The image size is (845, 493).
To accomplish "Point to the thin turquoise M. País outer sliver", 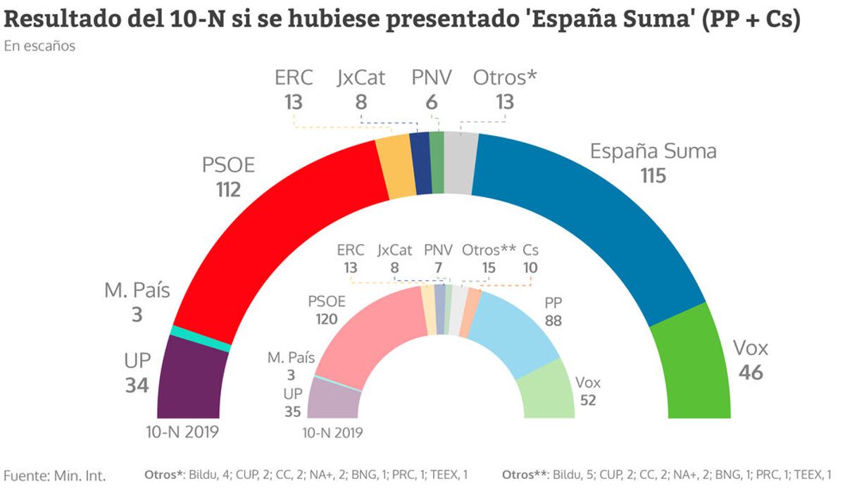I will tap(201, 339).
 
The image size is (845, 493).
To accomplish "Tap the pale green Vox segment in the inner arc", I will tap(546, 391).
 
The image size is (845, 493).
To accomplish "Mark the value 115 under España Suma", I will tap(653, 175).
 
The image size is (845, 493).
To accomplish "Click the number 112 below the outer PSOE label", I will tap(228, 189).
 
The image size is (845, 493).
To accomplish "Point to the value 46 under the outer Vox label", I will tap(751, 372).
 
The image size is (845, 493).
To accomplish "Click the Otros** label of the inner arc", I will tap(489, 250).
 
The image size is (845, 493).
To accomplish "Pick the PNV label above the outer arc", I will tap(432, 78).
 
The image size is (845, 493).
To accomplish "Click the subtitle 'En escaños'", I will tap(39, 46).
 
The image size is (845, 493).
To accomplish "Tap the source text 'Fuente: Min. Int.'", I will tap(55, 475).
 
